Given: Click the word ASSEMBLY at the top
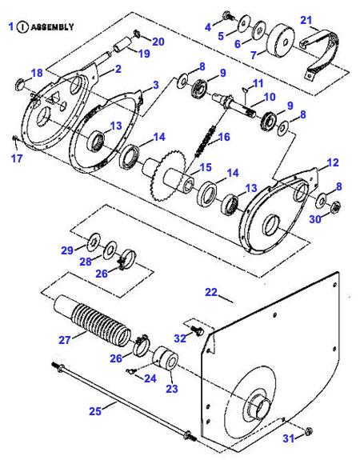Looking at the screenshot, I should coord(54,26).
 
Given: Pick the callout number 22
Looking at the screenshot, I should coord(211,293).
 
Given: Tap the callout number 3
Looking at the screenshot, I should coord(155,84).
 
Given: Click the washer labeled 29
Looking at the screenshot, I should coord(94,238).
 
